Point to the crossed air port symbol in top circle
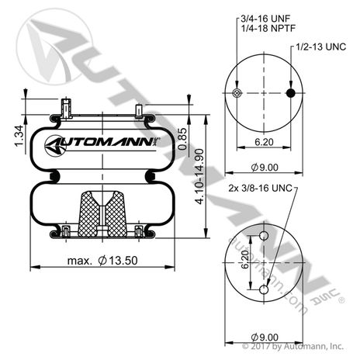click(x=237, y=94)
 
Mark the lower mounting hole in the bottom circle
click(x=264, y=289)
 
